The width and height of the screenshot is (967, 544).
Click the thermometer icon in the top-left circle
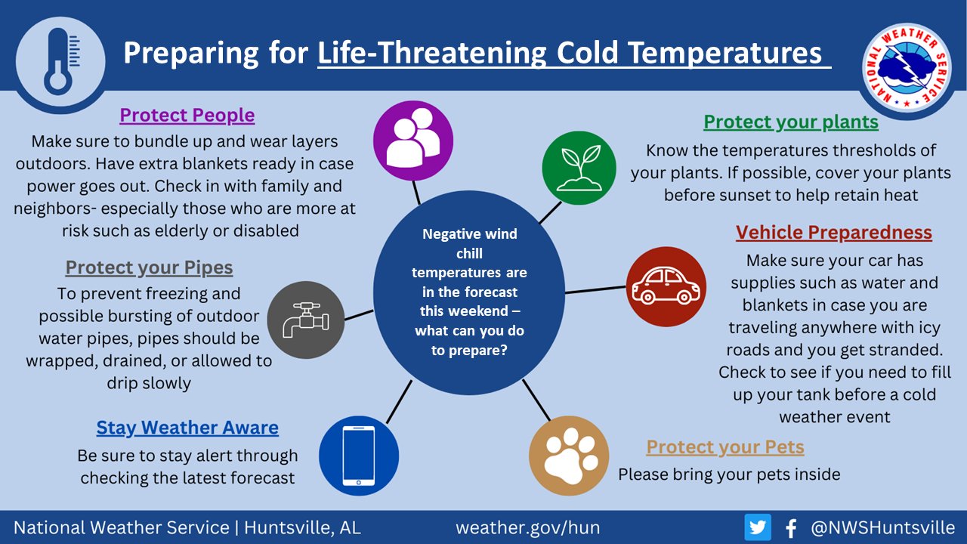[60, 62]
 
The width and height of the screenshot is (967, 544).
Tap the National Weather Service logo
[907, 68]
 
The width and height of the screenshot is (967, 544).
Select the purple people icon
[413, 141]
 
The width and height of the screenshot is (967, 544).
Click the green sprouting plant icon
[579, 168]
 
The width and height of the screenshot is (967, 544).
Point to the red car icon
[666, 286]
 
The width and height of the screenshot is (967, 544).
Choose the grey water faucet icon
[306, 320]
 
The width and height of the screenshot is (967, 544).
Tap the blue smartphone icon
[359, 456]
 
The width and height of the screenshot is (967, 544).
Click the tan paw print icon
[569, 456]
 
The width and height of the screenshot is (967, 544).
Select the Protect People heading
[187, 115]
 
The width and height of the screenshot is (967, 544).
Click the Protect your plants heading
[791, 122]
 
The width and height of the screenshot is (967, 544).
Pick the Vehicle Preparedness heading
[834, 232]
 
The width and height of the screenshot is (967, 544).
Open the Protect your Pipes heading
[149, 267]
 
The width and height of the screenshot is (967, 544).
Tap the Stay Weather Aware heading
[187, 428]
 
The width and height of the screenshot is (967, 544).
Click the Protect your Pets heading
[725, 447]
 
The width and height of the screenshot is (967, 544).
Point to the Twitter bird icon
[758, 527]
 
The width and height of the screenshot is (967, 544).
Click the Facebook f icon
[791, 528]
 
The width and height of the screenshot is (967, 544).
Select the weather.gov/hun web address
[527, 527]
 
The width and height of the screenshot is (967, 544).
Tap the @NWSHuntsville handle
[883, 527]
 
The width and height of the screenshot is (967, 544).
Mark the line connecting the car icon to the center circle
[595, 289]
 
